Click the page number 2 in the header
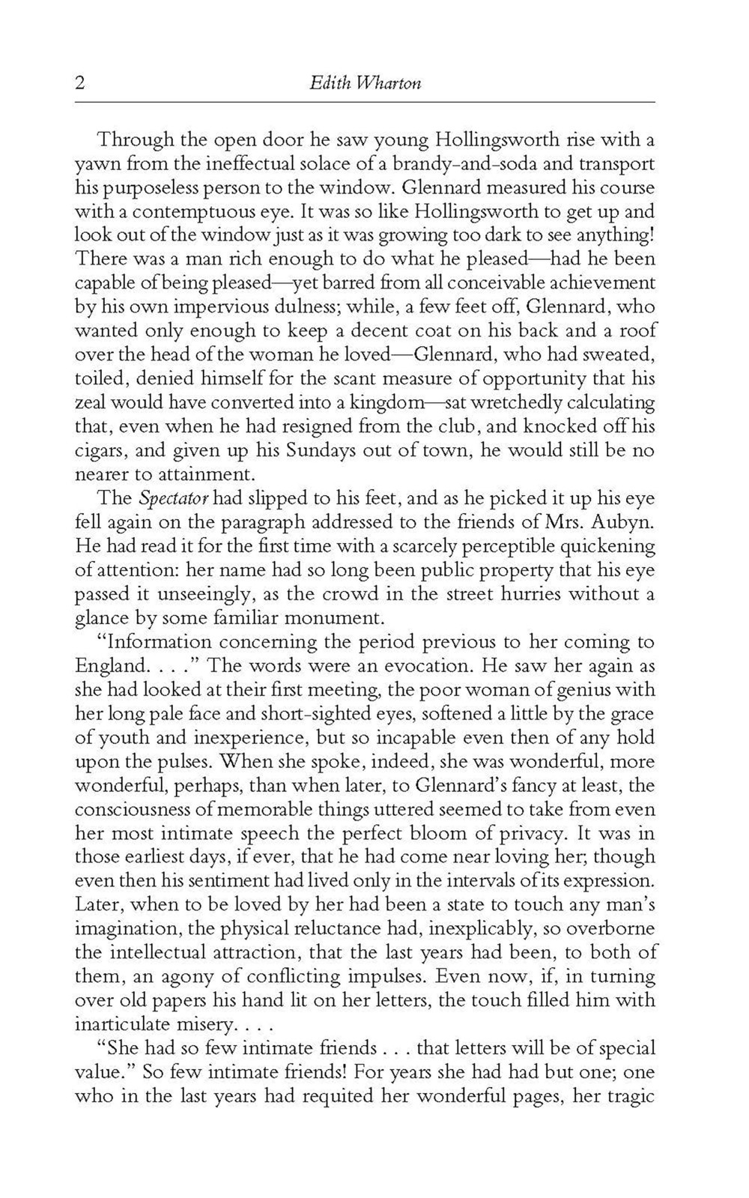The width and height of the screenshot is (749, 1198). pyautogui.click(x=80, y=83)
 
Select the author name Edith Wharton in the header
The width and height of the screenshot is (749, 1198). pyautogui.click(x=366, y=83)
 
